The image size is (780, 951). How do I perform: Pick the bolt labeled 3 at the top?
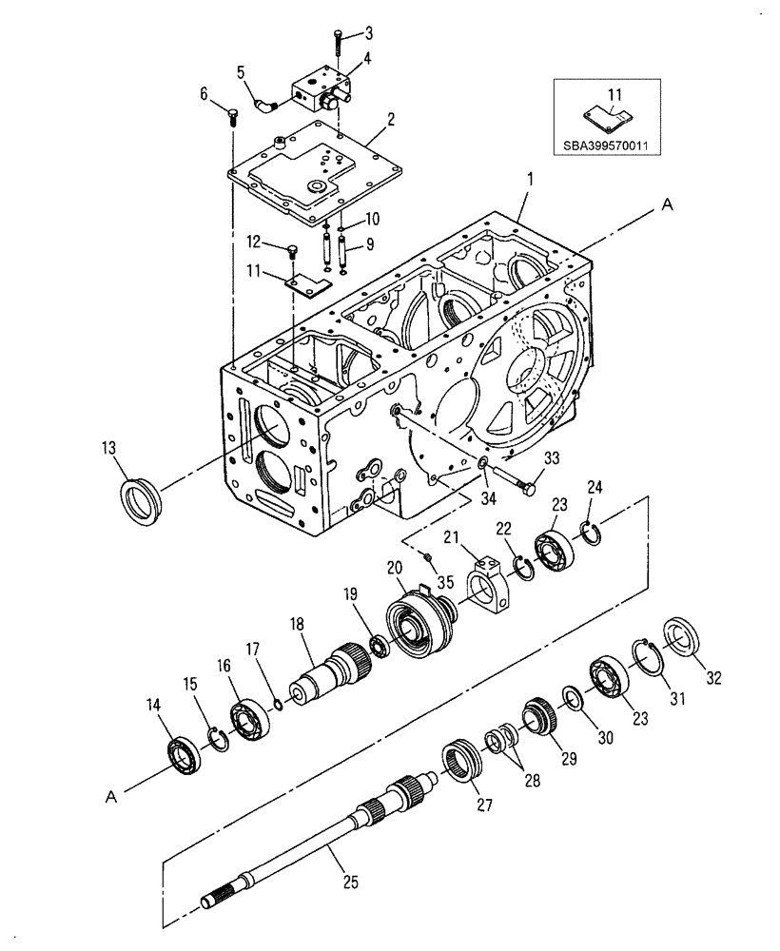tap(338, 43)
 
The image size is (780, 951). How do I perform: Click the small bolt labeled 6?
tap(231, 117)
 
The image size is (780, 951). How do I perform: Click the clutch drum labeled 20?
tap(416, 628)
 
